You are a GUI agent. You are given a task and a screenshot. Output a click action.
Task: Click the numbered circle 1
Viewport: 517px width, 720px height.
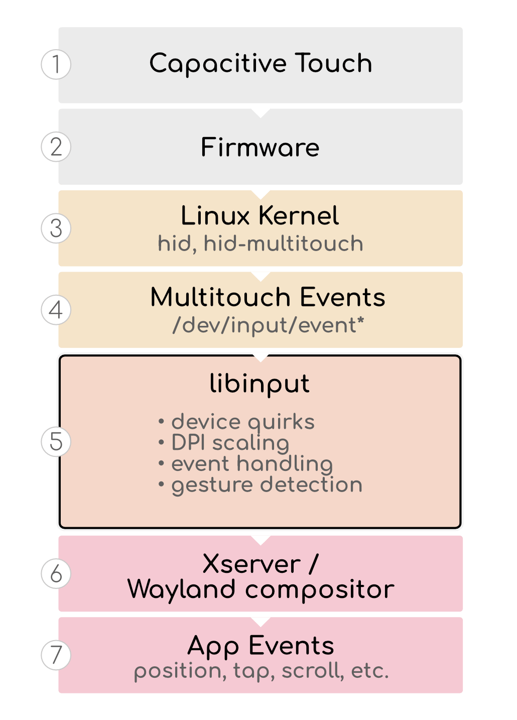(x=56, y=64)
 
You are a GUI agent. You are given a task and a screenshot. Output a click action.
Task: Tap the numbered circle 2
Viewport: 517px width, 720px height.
(x=56, y=147)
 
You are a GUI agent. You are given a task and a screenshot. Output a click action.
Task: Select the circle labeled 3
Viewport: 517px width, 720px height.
(x=56, y=228)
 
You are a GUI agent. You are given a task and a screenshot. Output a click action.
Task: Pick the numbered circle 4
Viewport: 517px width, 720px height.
(x=56, y=310)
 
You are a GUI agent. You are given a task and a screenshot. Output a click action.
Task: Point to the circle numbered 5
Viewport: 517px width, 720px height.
(x=56, y=442)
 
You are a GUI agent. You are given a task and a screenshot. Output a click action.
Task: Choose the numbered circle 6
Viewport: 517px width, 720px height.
(x=56, y=573)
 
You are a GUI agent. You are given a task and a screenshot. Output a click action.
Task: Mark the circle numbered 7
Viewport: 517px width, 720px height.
(x=56, y=655)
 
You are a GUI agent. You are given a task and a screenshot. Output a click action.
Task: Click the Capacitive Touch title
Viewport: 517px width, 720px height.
(x=261, y=64)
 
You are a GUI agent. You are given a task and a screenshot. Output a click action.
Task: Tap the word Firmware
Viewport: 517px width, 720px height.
(x=260, y=147)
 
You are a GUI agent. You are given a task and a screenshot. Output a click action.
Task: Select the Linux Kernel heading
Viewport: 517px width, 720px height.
(x=260, y=216)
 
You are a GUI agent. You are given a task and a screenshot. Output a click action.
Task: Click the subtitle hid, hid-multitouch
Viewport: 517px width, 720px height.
(x=260, y=244)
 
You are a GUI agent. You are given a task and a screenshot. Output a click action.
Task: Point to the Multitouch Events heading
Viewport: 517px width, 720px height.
(x=268, y=297)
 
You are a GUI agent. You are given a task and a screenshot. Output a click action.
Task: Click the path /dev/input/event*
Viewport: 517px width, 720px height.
(x=268, y=325)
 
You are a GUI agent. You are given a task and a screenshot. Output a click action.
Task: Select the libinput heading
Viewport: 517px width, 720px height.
(x=260, y=384)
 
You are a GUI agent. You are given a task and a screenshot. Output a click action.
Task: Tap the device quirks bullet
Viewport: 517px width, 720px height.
(x=242, y=422)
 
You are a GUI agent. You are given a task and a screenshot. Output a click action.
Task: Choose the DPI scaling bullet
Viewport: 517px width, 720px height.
(x=230, y=443)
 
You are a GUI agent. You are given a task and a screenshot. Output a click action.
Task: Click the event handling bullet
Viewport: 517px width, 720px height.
(x=251, y=464)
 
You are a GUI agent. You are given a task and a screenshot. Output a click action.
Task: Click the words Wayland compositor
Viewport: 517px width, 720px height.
(x=261, y=589)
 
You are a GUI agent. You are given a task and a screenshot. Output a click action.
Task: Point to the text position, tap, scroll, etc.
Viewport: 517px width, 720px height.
(x=261, y=671)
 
